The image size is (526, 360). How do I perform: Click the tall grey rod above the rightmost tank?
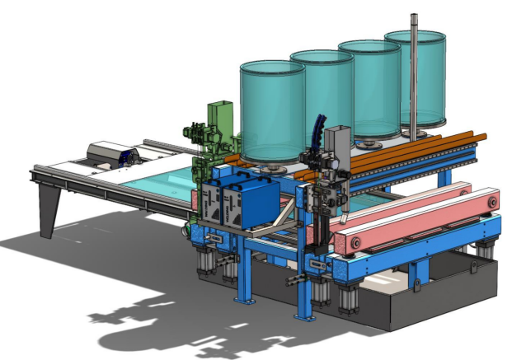point(410,49)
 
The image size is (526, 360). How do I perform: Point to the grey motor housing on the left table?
point(108,152)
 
